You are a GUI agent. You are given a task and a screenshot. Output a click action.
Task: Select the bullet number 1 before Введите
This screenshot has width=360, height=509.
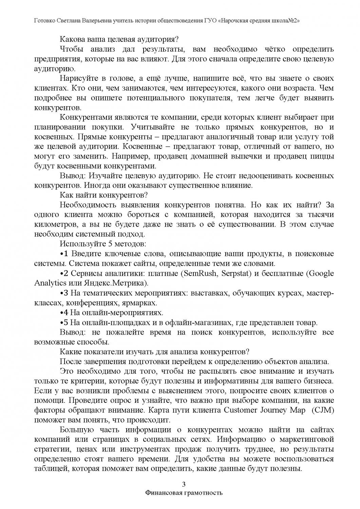tap(66, 253)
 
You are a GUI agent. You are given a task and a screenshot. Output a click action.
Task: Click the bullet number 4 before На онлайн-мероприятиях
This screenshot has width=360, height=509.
tap(67, 312)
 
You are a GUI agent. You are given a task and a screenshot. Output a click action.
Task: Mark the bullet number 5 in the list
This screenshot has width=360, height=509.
tap(67, 322)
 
